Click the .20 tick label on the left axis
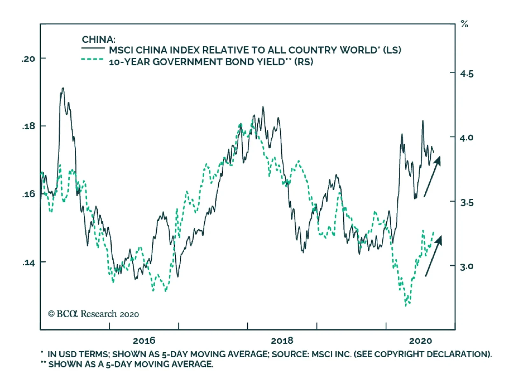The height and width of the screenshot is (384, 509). [x=28, y=59]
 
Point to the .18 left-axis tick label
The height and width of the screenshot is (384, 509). [x=29, y=126]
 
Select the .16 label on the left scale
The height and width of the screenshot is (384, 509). [x=29, y=194]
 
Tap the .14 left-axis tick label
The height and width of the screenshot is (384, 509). [x=29, y=263]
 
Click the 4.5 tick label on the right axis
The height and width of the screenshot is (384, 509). [x=467, y=74]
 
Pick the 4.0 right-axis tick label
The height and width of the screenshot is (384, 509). [x=467, y=138]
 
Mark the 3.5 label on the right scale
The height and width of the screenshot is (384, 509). [x=467, y=202]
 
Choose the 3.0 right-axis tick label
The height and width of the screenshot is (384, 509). [x=467, y=266]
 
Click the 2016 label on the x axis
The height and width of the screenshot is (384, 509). [x=144, y=341]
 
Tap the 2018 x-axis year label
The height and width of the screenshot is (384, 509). [x=282, y=341]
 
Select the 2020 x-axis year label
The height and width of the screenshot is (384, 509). [x=420, y=341]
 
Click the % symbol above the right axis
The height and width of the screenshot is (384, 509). [x=464, y=24]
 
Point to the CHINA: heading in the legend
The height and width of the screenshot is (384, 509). [x=98, y=40]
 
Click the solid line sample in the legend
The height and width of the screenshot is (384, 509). [x=93, y=48]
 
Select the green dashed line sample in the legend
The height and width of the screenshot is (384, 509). [x=92, y=59]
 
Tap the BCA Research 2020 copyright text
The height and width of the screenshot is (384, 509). [x=94, y=314]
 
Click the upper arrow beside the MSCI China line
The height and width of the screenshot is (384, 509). [x=432, y=176]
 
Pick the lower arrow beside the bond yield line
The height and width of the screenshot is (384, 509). [x=434, y=256]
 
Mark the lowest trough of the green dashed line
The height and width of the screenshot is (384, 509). [x=406, y=305]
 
